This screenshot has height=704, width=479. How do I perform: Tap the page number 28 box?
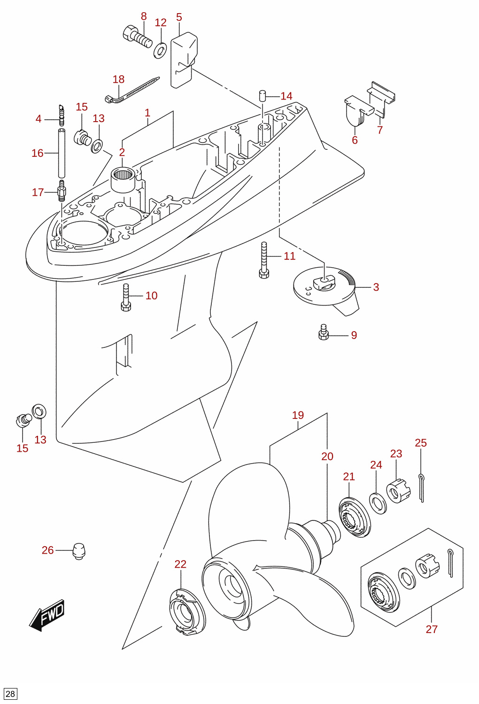coord(10,694)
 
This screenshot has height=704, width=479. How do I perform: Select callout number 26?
coord(48,550)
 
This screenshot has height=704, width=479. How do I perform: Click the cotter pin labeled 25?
coord(422,488)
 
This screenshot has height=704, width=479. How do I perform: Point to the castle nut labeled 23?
coord(398,491)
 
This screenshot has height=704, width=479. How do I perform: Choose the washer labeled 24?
coord(378,503)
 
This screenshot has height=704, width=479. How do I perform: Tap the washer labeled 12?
coord(160,50)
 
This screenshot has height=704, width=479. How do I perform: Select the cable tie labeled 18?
coord(132,91)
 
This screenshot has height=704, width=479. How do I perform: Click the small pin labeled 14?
coord(263,95)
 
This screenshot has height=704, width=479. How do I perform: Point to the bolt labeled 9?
coord(324,332)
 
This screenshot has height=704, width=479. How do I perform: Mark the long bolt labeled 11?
coord(264,260)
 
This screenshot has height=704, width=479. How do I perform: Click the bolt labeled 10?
coord(126,297)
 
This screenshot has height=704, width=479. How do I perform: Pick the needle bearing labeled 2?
coord(123,179)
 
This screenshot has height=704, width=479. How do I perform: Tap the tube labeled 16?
coord(62,153)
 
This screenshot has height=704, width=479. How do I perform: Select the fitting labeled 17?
coord(62,191)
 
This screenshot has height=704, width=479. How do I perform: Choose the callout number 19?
coord(298,415)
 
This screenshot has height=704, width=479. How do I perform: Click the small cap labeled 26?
coord(79,551)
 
